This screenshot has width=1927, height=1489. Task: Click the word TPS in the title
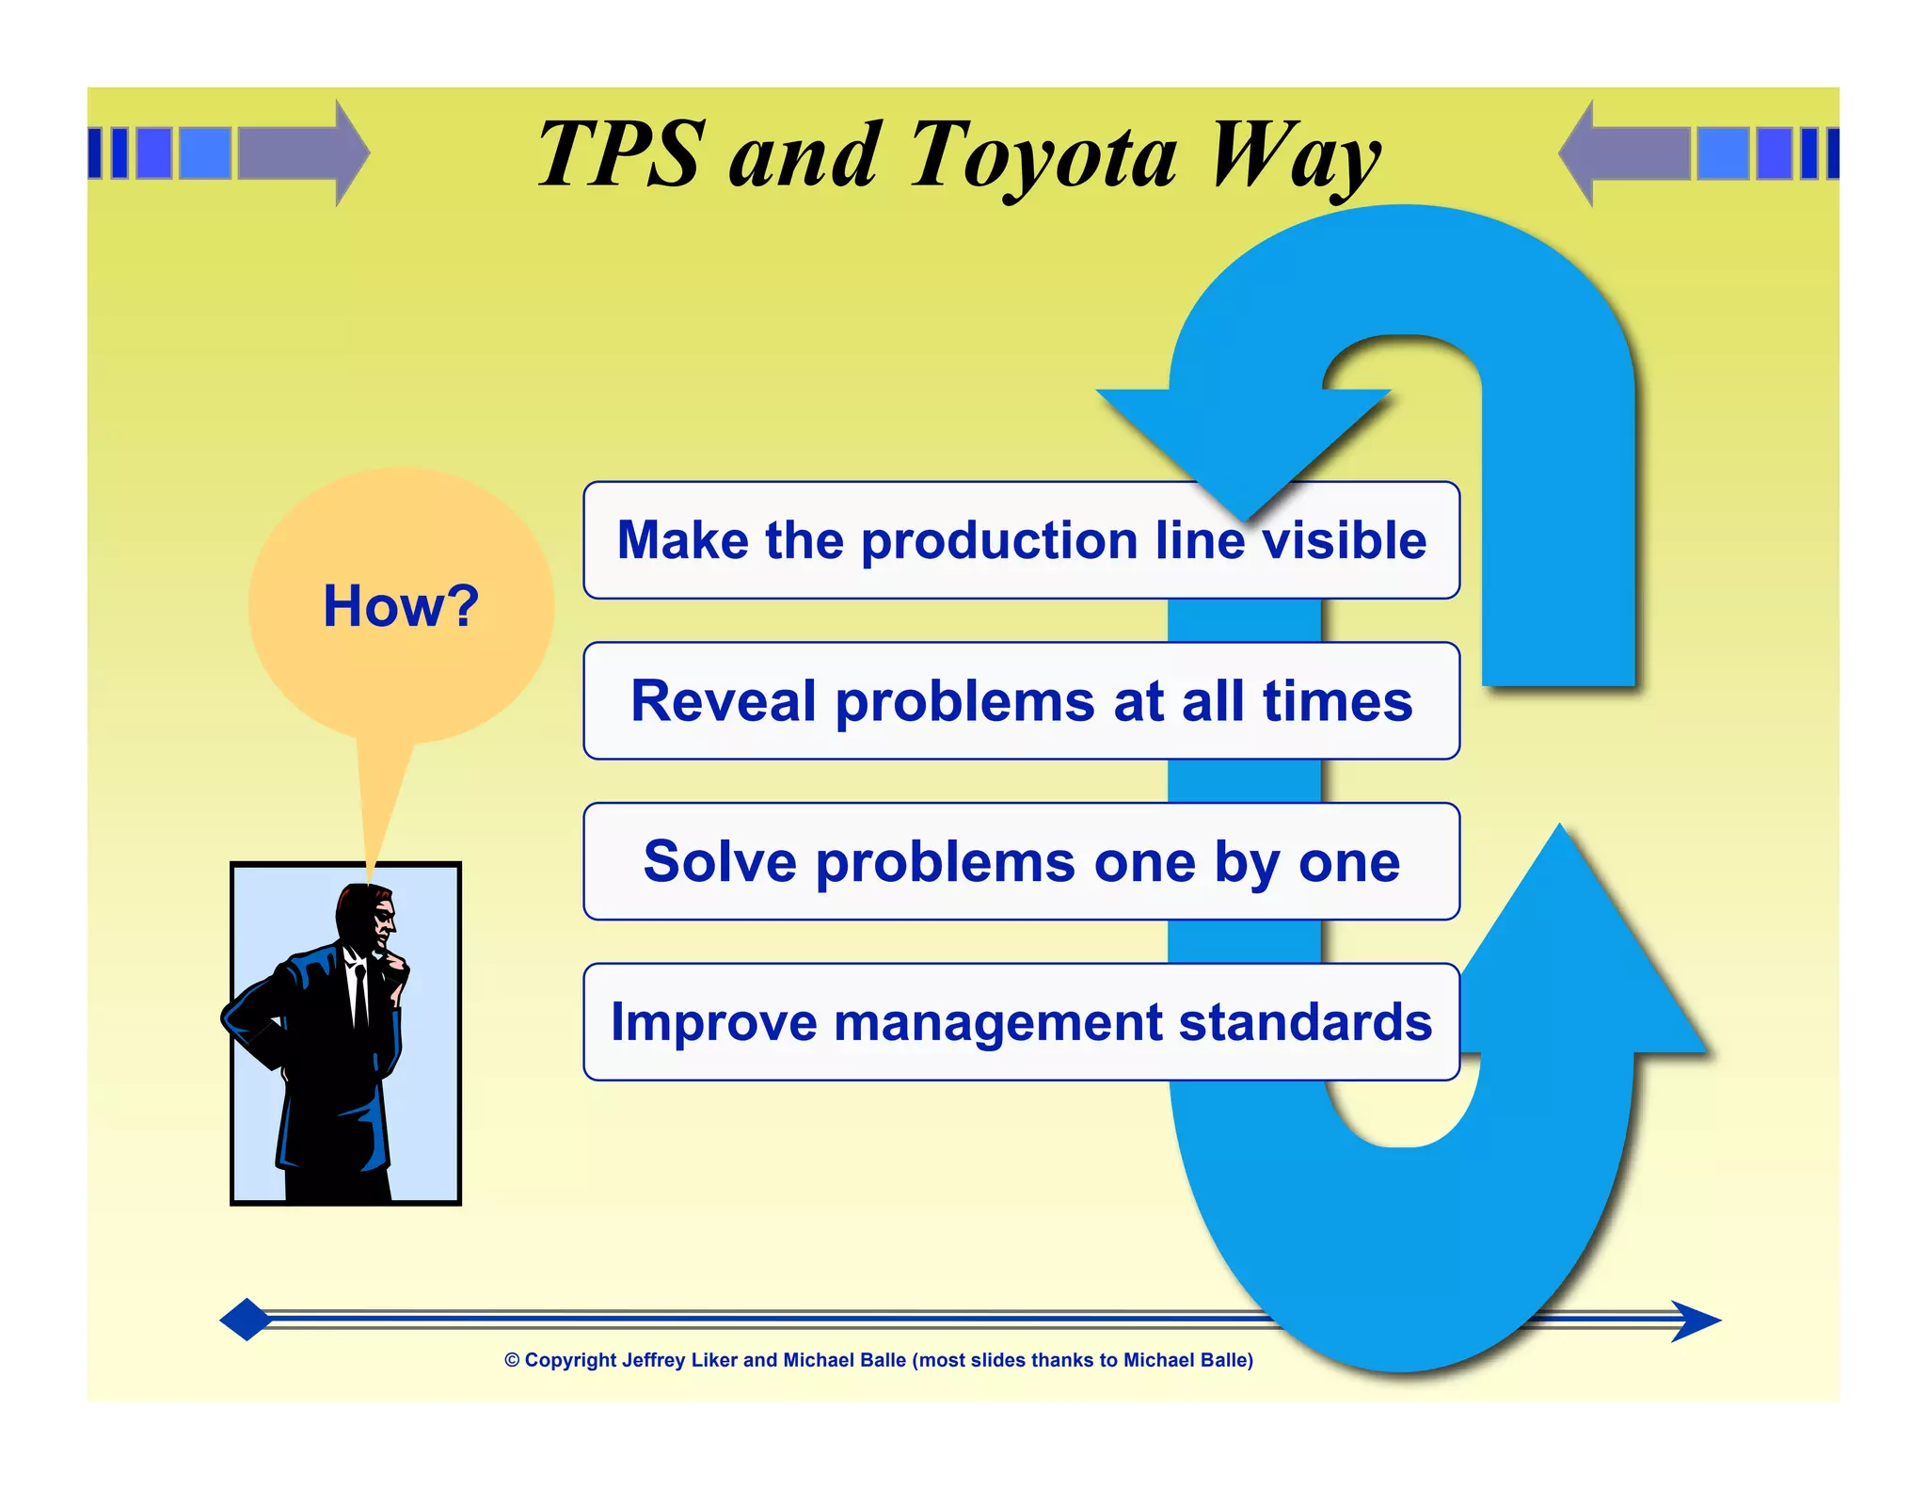[621, 155]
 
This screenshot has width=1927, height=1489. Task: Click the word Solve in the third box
[720, 861]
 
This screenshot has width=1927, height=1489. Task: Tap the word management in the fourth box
[997, 1022]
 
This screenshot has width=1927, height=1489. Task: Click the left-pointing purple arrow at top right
[1623, 152]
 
